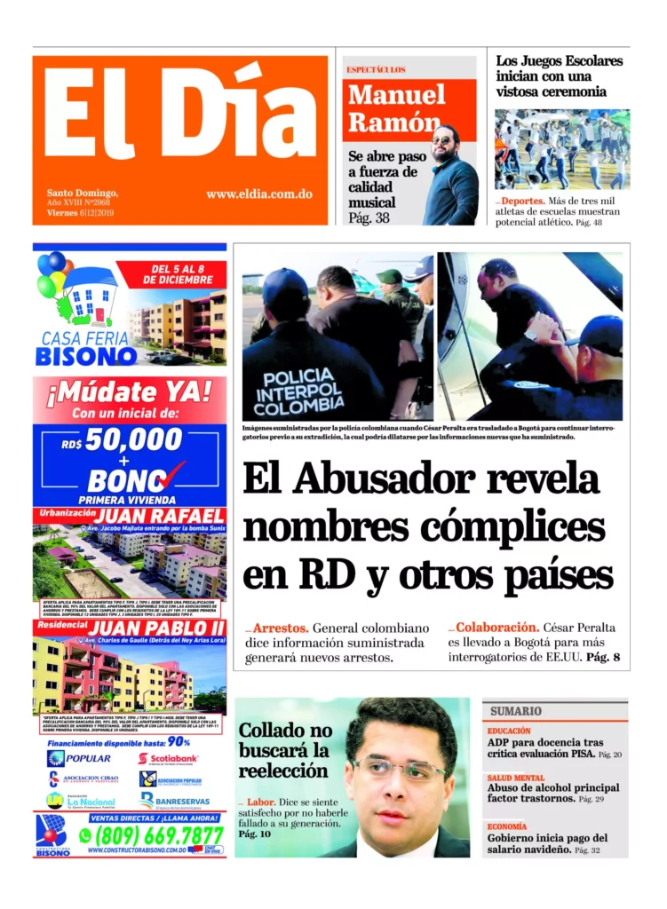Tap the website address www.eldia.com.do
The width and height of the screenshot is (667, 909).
tap(258, 194)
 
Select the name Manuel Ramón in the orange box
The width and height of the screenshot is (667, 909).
tap(396, 107)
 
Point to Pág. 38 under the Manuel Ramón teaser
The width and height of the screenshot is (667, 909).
tap(369, 217)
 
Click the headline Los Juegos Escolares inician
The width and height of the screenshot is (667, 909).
tap(559, 76)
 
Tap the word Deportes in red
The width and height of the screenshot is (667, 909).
tap(523, 202)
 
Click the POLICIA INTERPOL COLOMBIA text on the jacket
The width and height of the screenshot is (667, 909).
tap(298, 390)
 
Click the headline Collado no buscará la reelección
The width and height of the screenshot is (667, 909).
tap(284, 750)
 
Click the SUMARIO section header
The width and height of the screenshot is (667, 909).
tap(516, 711)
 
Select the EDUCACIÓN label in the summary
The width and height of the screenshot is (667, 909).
tap(509, 731)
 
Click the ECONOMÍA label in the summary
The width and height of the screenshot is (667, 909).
tap(506, 826)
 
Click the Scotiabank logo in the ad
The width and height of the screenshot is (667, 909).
tap(169, 759)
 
